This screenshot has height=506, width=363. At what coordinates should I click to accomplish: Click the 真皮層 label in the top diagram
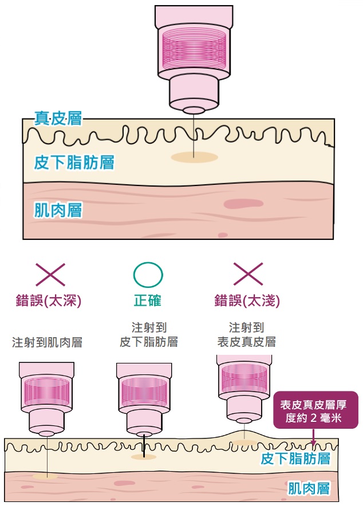58,119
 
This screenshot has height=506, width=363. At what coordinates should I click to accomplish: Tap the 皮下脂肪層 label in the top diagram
74,163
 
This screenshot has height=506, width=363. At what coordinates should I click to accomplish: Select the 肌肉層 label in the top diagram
58,210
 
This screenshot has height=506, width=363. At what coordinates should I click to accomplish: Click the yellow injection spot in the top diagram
194,156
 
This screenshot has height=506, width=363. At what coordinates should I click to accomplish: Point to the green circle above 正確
148,275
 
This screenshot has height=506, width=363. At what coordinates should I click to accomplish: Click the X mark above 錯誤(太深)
50,275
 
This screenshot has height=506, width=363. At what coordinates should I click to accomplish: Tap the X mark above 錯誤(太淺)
248,275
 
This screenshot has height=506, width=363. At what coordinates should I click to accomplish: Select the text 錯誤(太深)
49,301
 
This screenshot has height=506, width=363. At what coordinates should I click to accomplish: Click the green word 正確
148,301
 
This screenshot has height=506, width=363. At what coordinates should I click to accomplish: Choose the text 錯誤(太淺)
247,301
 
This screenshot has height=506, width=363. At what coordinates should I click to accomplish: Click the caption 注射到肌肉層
47,342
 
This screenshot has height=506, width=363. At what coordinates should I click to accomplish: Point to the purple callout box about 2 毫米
316,410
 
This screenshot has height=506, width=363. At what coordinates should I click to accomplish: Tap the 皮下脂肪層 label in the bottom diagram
295,458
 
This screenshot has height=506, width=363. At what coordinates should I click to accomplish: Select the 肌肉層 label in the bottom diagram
309,488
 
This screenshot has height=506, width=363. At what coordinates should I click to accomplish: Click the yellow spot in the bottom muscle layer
45,476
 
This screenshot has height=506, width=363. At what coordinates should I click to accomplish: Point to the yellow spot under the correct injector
143,456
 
